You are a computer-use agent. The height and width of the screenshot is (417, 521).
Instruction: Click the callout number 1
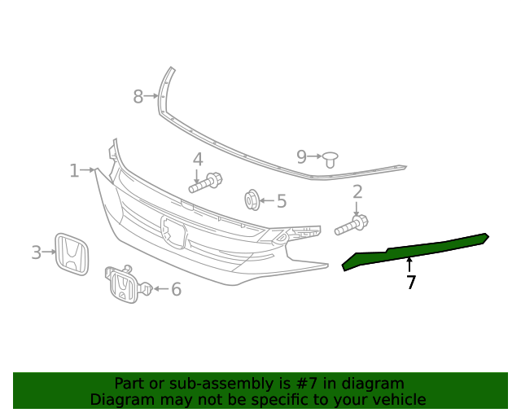point(74,171)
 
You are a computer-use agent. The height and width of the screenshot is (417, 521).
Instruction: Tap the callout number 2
point(357,192)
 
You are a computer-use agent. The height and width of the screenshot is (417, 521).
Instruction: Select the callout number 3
point(36,252)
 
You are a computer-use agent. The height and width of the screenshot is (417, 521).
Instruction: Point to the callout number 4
point(198,160)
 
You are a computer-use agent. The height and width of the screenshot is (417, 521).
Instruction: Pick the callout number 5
point(282,201)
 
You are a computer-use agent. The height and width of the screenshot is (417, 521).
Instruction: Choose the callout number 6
point(176,289)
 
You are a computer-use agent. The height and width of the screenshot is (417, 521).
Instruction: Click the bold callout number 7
point(411,283)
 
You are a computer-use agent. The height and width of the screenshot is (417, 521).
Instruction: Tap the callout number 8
point(138,97)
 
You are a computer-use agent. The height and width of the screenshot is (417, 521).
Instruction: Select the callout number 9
point(301,156)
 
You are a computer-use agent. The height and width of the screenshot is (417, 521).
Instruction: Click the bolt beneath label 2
point(352,225)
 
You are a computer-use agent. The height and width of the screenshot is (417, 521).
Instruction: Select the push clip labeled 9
point(331,158)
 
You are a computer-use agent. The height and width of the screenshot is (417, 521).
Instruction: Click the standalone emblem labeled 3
point(72,254)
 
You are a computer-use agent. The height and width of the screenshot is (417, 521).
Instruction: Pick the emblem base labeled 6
point(125,284)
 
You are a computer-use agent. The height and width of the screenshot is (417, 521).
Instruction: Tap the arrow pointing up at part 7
point(409,264)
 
